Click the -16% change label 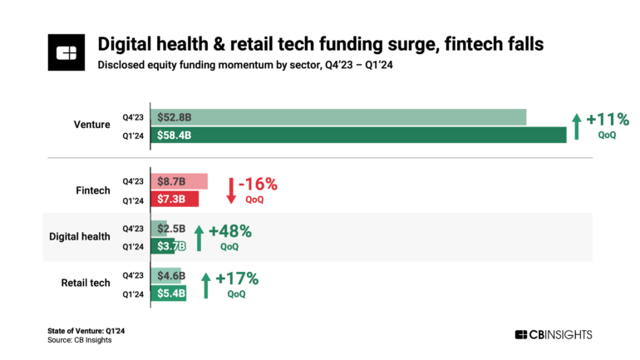(x=258, y=184)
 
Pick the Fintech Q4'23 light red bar (x=179, y=182)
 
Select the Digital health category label (x=80, y=237)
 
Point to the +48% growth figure (x=229, y=230)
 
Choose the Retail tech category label (x=86, y=284)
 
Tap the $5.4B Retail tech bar (x=169, y=292)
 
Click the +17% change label (x=237, y=278)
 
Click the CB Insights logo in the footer (x=554, y=334)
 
